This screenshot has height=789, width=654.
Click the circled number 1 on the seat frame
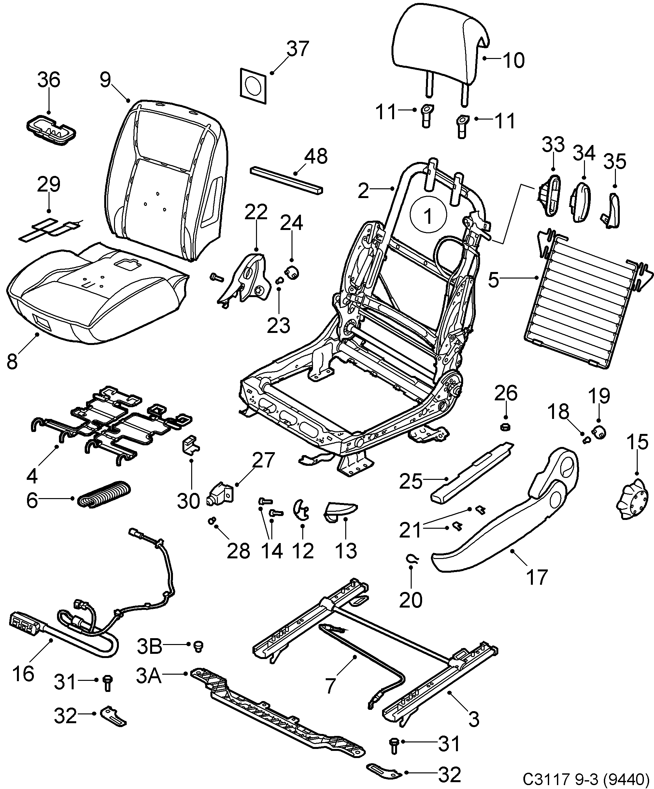pos(428,216)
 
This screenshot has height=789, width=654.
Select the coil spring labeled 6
pos(105,495)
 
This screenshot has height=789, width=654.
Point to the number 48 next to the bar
pos(316,156)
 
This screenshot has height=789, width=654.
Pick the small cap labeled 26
pos(505,427)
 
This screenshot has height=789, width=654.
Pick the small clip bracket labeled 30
pos(190,444)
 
